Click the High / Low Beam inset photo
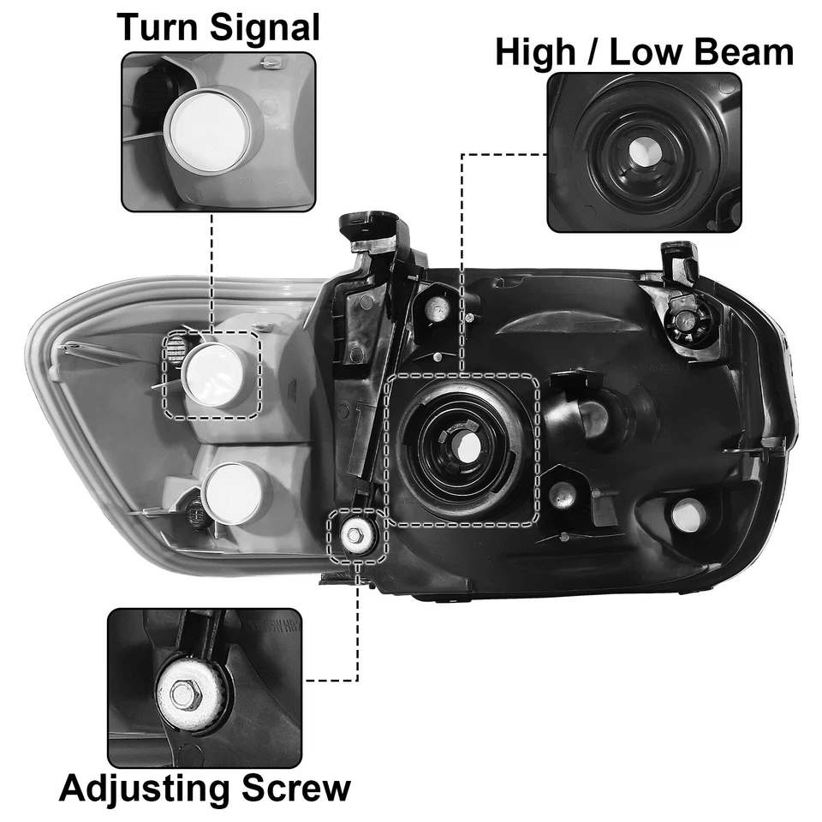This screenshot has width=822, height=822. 644,152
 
